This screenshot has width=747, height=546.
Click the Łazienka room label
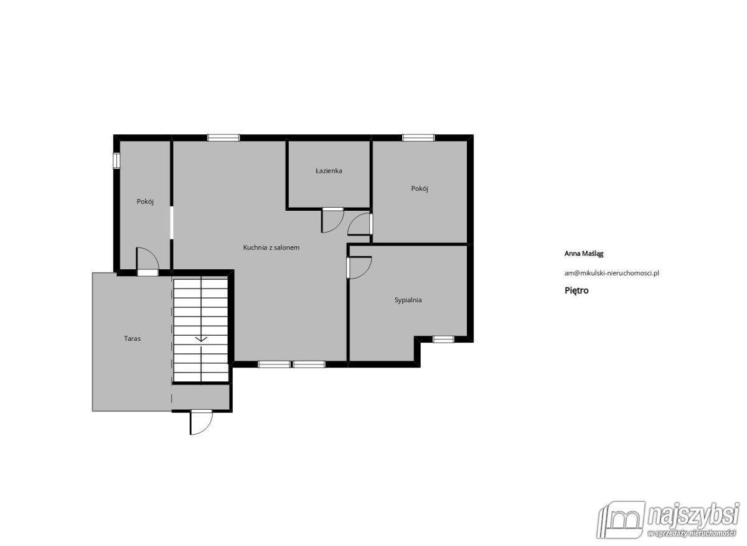click(329, 171)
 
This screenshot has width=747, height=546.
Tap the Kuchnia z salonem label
click(271, 248)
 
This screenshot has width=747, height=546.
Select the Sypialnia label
click(408, 300)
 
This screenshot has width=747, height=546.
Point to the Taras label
click(133, 338)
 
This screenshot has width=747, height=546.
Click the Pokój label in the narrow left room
click(145, 201)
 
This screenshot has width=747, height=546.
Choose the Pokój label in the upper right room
click(420, 188)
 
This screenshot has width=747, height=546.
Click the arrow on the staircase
click(201, 339)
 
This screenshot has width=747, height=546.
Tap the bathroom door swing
click(332, 220)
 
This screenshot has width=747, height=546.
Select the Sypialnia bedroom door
click(359, 267)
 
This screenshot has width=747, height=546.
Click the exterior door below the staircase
click(201, 422)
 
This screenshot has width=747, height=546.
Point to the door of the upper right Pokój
click(360, 224)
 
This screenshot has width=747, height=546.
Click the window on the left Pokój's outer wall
click(116, 160)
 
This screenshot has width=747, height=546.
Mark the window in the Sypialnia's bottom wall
click(443, 339)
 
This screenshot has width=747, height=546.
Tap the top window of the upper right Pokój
click(418, 137)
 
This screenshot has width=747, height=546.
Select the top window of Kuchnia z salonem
click(223, 137)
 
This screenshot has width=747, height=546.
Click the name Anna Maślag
click(584, 254)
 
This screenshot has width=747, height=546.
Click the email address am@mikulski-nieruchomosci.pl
click(611, 273)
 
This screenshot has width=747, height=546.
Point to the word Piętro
click(576, 290)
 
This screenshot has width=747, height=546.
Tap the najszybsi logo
click(667, 525)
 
